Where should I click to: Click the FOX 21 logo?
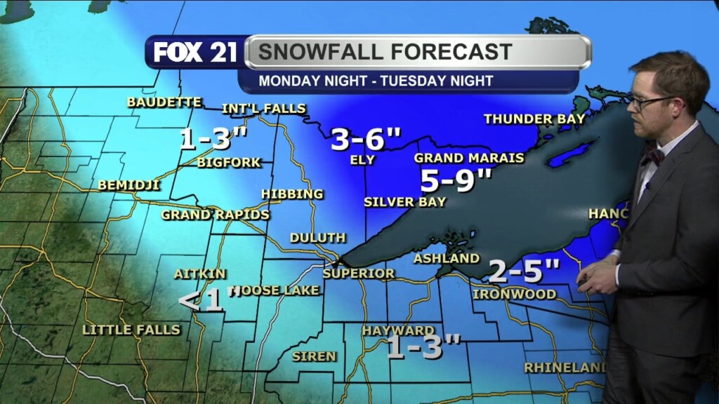click(x=195, y=53)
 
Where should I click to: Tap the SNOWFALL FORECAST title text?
click(x=384, y=52)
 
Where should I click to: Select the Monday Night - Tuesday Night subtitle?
click(x=376, y=81)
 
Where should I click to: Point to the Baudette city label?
click(x=164, y=102)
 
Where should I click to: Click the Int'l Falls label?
click(x=264, y=109)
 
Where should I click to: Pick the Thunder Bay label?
click(x=534, y=119)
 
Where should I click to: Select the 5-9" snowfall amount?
click(x=456, y=181)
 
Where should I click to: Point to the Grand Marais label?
click(x=469, y=158)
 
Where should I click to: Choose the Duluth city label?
click(x=317, y=238)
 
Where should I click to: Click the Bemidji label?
click(x=129, y=186)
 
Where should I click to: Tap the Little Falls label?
click(x=131, y=330)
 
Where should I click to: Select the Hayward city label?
click(x=398, y=330)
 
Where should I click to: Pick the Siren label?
click(x=314, y=356)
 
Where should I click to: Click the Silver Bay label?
click(x=404, y=202)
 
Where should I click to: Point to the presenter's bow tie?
click(x=652, y=156)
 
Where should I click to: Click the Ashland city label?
click(x=446, y=259)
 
